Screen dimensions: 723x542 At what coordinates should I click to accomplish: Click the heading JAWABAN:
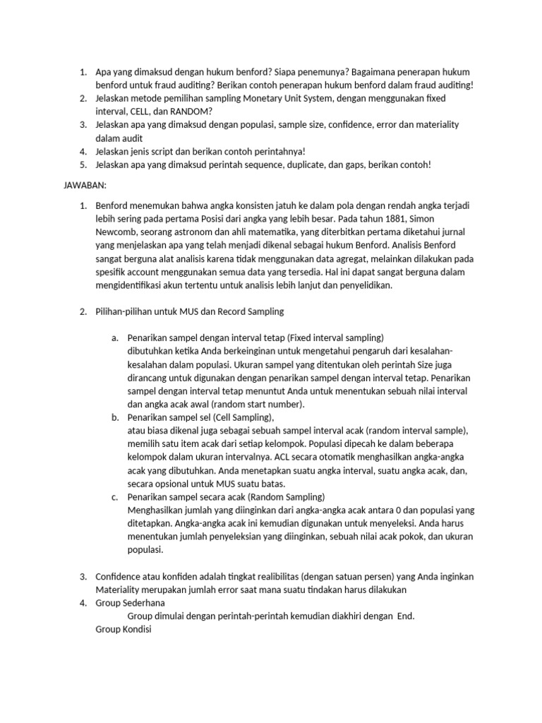click(x=81, y=184)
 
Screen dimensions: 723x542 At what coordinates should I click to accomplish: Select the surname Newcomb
click(x=117, y=232)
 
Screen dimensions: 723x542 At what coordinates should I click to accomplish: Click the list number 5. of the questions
click(x=83, y=165)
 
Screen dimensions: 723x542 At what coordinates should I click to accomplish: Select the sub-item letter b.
click(x=115, y=417)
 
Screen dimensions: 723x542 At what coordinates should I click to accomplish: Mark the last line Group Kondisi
click(x=123, y=630)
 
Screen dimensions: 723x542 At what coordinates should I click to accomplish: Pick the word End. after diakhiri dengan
click(x=406, y=616)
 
